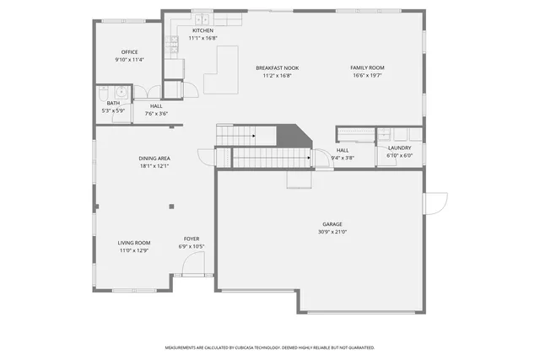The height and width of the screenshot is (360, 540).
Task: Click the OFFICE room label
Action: click(x=129, y=52)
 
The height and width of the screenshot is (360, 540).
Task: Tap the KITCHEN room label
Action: click(x=202, y=30)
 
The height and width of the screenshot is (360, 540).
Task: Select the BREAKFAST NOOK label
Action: click(x=278, y=68)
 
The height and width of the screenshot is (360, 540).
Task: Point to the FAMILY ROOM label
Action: click(x=367, y=67)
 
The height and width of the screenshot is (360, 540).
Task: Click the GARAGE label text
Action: click(x=332, y=224)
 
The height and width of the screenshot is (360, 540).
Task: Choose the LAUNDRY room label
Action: click(x=399, y=148)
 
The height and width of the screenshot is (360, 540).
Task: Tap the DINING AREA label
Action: click(x=154, y=159)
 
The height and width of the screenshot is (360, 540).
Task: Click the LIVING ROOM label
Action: click(x=133, y=243)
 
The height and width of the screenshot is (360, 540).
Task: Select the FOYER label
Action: click(x=192, y=239)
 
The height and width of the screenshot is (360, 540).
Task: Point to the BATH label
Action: click(x=112, y=103)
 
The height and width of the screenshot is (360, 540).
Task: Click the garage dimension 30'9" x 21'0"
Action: click(x=332, y=232)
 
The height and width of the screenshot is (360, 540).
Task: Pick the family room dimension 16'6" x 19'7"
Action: click(x=367, y=75)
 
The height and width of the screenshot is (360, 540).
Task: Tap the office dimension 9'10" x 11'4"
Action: click(x=129, y=60)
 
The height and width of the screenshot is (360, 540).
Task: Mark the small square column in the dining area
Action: click(x=171, y=206)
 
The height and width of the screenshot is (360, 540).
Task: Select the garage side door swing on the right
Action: click(x=436, y=202)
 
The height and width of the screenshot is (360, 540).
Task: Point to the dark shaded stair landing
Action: click(x=294, y=135)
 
